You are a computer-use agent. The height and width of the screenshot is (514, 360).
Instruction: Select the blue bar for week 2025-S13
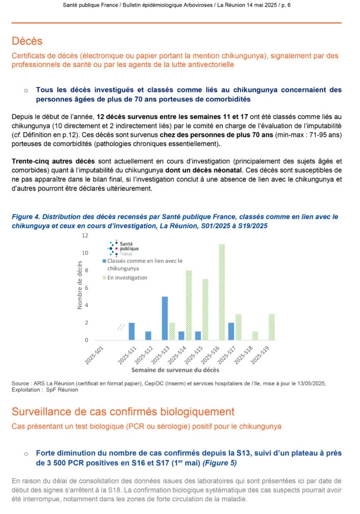[165, 318]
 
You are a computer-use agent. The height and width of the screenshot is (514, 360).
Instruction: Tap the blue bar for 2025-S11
[131, 331]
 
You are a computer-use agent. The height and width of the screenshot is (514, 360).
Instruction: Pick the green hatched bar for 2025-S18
[255, 336]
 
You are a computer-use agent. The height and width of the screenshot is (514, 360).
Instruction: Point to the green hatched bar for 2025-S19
[272, 327]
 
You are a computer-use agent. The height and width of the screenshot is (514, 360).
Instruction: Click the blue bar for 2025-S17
[231, 331]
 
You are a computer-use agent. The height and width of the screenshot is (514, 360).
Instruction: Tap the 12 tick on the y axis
[85, 235]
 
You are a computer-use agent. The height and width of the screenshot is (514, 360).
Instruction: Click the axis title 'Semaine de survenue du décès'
[175, 370]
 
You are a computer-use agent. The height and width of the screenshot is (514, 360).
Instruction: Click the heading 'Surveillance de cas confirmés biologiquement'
[123, 412]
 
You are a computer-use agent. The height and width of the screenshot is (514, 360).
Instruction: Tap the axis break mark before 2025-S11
[120, 326]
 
